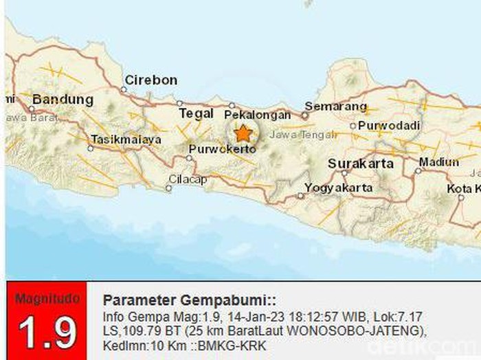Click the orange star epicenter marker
[x=243, y=133]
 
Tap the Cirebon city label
[x=150, y=80]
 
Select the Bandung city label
[x=63, y=99]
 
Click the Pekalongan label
[x=254, y=113]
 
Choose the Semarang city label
[x=335, y=106]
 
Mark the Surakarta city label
[x=361, y=164]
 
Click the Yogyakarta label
[x=339, y=187]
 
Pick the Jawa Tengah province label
[x=293, y=134]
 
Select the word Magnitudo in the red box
[x=47, y=300]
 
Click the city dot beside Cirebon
[x=125, y=89]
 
